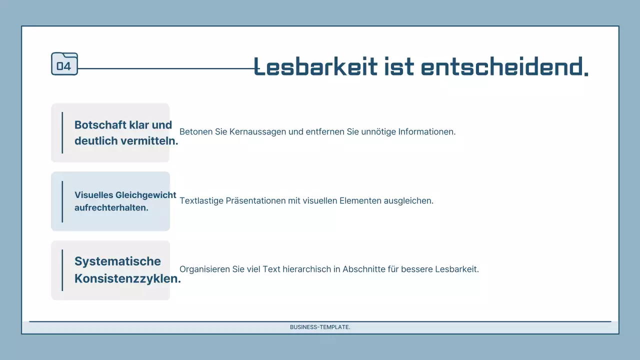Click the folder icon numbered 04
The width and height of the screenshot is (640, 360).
coord(64,64)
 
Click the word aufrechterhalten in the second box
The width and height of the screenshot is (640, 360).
coord(111,207)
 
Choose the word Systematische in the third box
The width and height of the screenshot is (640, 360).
coord(117,261)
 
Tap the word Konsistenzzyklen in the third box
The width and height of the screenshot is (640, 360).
coord(127,279)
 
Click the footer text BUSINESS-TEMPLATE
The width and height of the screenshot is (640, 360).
coord(320,327)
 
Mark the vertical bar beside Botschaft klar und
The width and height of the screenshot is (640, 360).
coord(62,132)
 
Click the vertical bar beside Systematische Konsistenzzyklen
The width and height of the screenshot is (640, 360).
coord(62,270)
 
